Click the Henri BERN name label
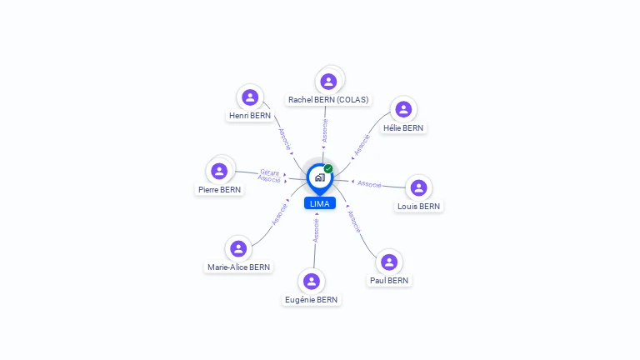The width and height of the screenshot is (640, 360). point(250,116)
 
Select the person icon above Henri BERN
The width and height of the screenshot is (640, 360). point(250,97)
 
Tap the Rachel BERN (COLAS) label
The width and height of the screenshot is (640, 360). point(328,100)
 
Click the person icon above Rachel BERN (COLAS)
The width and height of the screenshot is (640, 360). point(328,81)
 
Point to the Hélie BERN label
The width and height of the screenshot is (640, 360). point(403,128)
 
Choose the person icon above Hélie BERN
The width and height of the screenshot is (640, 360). point(403,109)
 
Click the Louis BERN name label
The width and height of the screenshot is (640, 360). point(418,207)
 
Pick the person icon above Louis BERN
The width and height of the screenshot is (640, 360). point(418,187)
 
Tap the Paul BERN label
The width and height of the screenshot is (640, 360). point(389,281)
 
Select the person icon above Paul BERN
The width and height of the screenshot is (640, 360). point(389,262)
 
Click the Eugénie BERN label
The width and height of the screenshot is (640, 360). point(311,300)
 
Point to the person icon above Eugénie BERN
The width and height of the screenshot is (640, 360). point(311,281)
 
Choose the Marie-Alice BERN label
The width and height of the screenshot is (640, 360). point(239,267)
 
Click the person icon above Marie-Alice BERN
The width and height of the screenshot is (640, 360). point(239,248)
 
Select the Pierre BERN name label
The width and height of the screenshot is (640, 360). point(220,190)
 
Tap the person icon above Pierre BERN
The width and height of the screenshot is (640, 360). point(220,171)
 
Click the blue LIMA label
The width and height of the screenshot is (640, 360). point(320,203)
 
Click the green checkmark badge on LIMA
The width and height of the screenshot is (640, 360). point(328,169)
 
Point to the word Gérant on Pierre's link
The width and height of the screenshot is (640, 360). point(269,172)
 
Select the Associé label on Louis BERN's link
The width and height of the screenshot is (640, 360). point(369,183)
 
